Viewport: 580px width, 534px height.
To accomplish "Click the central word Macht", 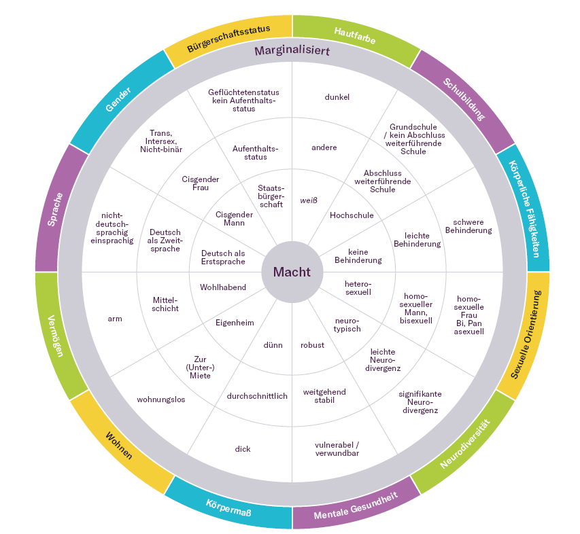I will tap(292, 272).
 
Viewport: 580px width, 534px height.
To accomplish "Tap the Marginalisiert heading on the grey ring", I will tap(292, 51).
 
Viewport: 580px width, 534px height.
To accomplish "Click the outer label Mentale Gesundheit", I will tap(356, 506).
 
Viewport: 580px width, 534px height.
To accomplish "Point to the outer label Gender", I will tap(118, 99).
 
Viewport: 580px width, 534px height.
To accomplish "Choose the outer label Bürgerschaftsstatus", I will tap(228, 38).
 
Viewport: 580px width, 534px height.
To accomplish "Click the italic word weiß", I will tap(309, 200).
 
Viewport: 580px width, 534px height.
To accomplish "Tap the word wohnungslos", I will tap(161, 399).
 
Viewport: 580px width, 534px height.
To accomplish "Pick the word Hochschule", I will tap(352, 215).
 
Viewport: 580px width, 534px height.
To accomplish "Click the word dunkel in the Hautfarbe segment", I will tap(337, 97).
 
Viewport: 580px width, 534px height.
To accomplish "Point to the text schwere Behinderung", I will tap(468, 226).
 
